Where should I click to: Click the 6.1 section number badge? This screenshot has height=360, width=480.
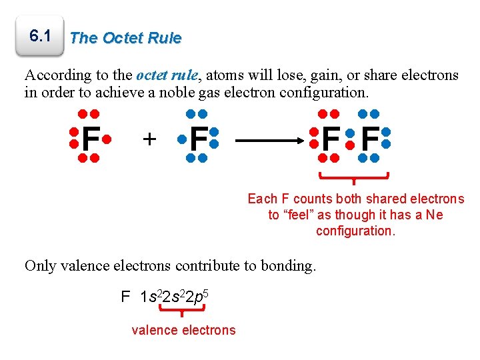point(41,37)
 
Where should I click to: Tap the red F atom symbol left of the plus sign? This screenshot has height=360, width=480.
point(91,139)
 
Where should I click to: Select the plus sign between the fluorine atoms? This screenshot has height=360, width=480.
point(150,139)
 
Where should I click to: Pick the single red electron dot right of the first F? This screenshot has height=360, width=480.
point(107,141)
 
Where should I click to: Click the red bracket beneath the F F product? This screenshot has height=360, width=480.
point(353,178)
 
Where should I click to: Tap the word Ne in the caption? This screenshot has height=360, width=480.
point(434,215)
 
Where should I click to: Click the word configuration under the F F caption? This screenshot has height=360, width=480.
point(355,231)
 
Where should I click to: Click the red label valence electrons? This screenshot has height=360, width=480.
point(183,330)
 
